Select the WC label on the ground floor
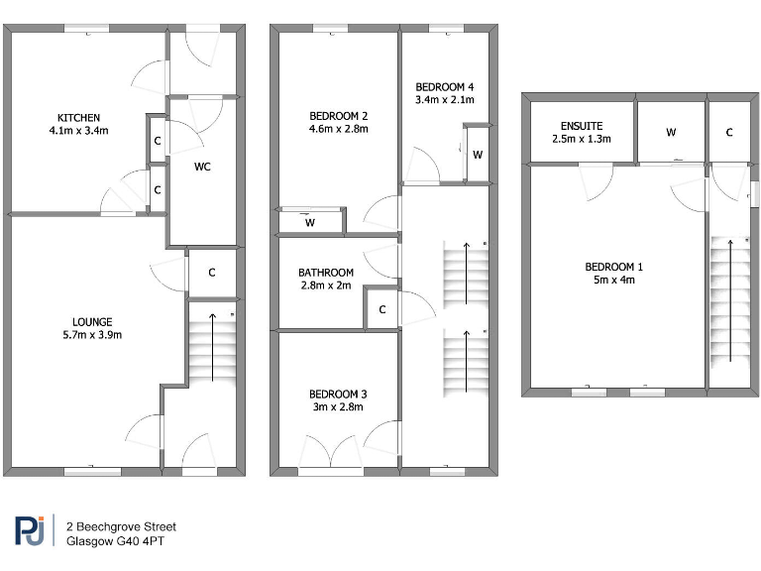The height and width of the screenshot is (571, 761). coord(202,167)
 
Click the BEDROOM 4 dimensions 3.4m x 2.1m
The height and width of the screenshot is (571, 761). coord(444,100)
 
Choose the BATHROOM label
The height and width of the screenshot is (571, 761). coord(326,273)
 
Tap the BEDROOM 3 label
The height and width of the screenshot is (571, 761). coord(338,394)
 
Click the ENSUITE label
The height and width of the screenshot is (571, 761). coord(582,126)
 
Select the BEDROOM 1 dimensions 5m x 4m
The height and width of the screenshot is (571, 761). coord(613,281)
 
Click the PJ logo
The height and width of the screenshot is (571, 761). coord(30,532)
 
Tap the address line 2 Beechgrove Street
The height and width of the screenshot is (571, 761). coord(121,526)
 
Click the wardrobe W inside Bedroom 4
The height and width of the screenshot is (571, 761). coord(478,155)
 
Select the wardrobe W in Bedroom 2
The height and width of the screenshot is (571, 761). coord(310,223)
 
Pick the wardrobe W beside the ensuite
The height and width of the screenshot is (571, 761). coord(671,132)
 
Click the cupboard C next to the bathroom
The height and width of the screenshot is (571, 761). coord(381,309)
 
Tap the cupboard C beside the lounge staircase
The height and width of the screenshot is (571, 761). coord(213,272)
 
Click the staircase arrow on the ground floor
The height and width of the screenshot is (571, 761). coord(213,347)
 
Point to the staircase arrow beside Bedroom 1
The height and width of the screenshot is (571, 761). coord(731,302)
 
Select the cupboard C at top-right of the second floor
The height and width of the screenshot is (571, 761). coord(728,132)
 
